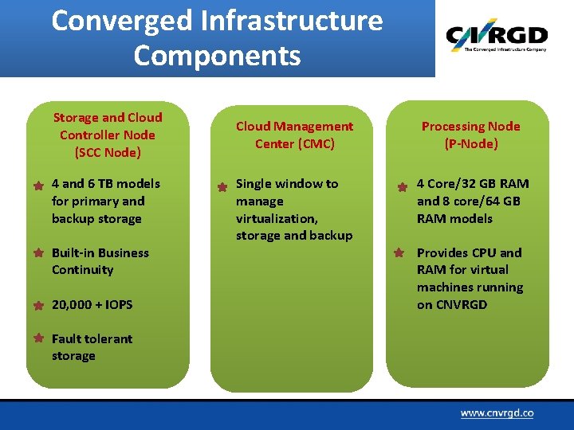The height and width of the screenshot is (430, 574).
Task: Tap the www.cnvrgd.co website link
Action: click(x=496, y=413)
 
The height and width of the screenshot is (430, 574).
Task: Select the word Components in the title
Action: click(x=217, y=57)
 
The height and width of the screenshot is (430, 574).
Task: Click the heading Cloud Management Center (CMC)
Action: click(x=294, y=135)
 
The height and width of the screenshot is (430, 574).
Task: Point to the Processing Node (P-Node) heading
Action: click(x=470, y=135)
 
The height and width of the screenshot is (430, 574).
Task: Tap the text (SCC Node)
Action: click(x=107, y=152)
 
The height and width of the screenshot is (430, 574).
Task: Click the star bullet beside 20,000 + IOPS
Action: click(x=38, y=305)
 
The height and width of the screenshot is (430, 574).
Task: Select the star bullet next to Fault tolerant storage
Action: click(x=38, y=338)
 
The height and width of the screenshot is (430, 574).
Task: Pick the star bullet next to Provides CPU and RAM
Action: click(x=403, y=254)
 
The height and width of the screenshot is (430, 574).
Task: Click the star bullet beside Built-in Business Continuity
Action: click(x=38, y=253)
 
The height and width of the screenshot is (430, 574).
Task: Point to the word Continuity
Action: click(x=83, y=270)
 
